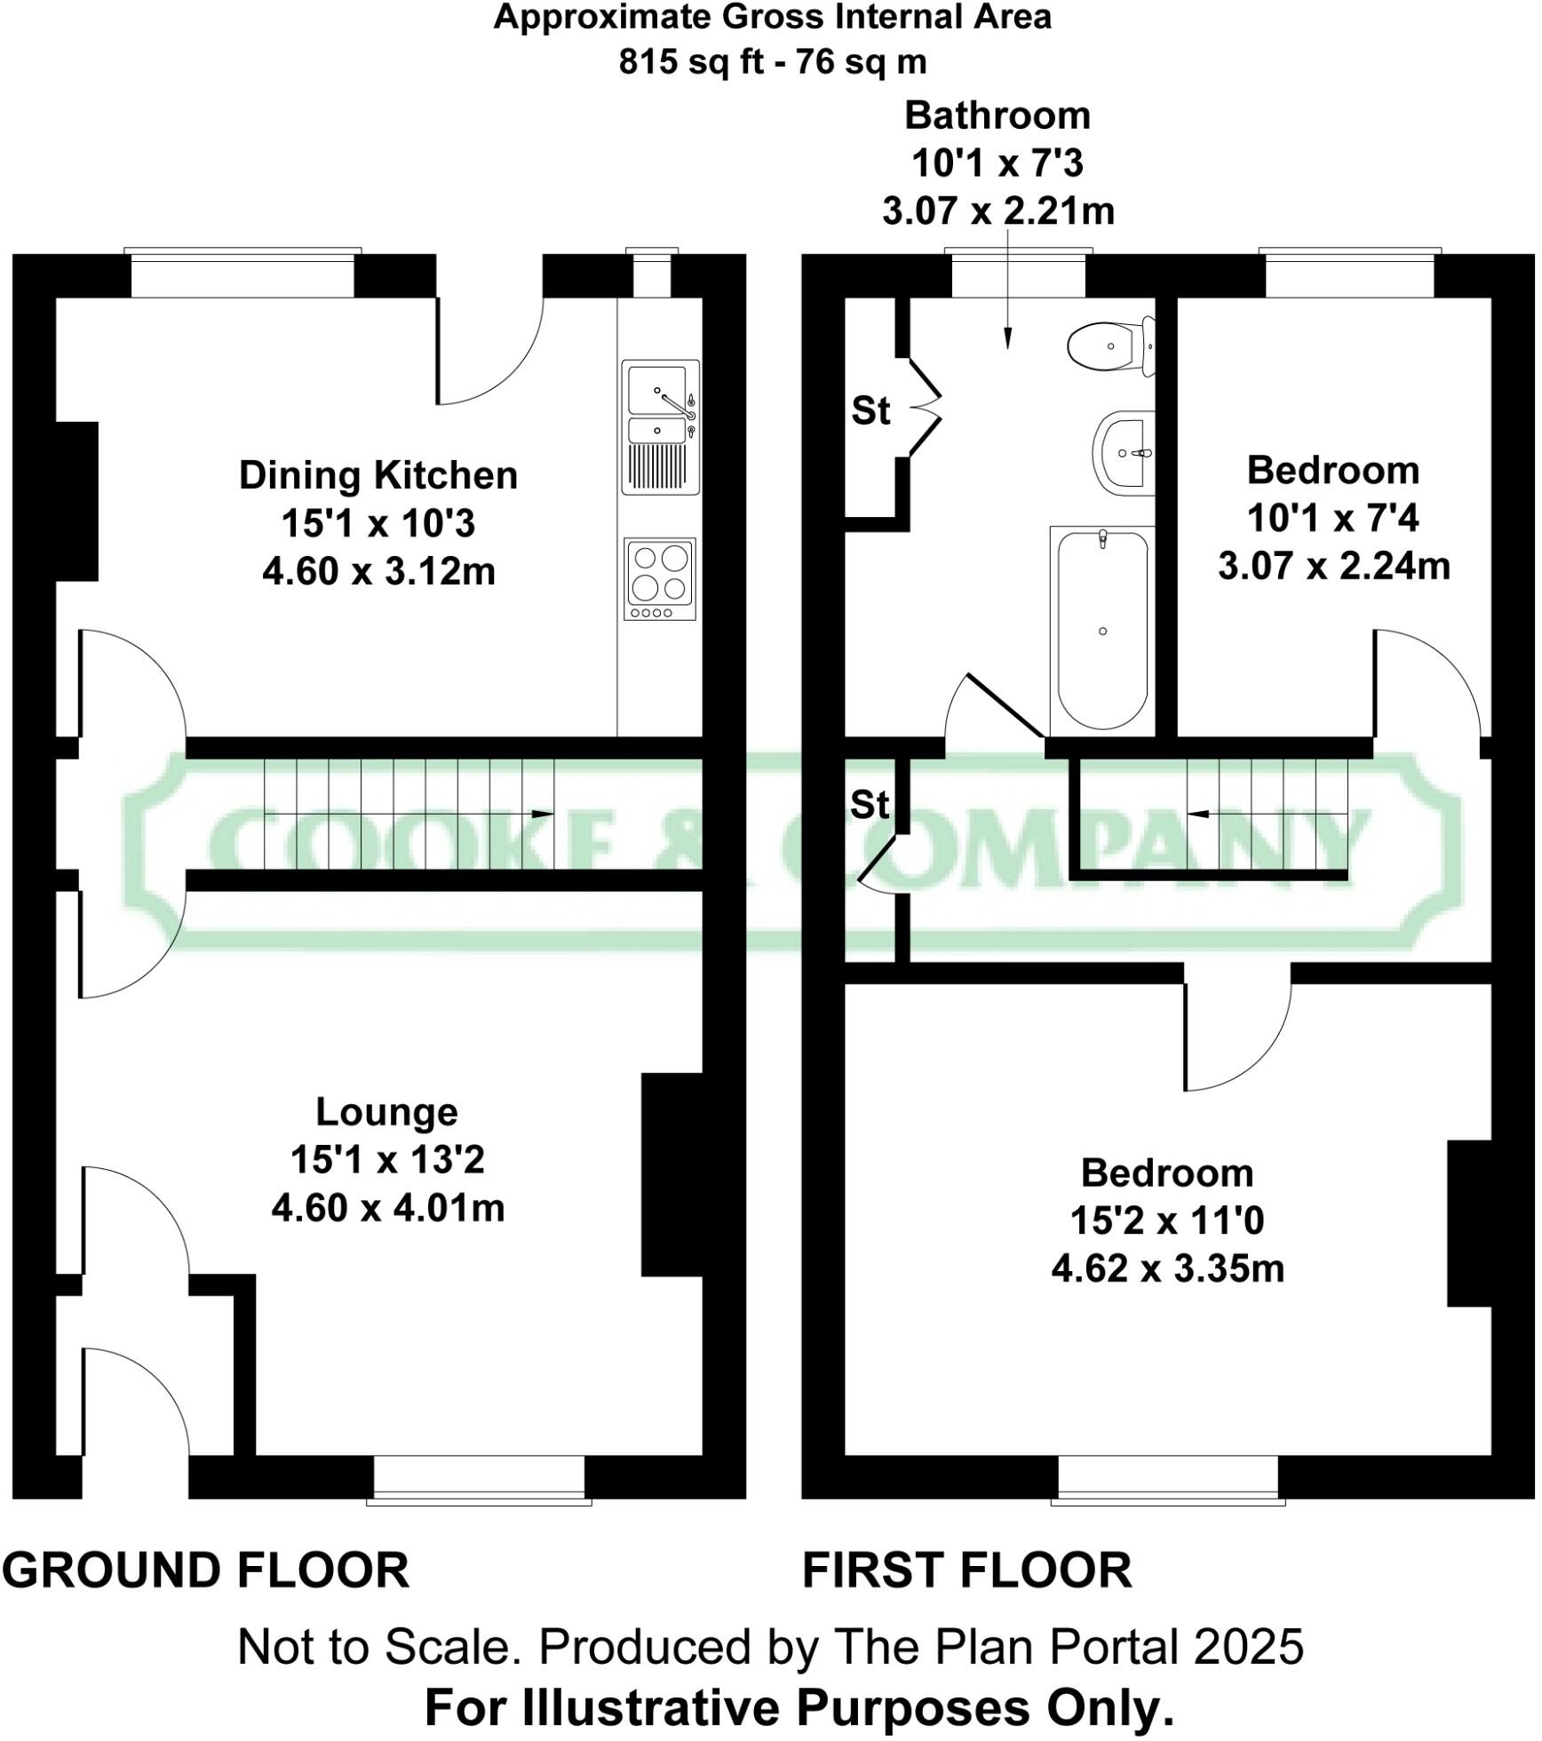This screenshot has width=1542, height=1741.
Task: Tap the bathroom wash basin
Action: click(1124, 452)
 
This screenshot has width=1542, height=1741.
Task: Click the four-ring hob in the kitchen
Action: click(660, 578)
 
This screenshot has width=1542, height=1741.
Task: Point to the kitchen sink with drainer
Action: click(660, 426)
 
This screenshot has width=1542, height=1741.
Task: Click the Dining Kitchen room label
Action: click(378, 475)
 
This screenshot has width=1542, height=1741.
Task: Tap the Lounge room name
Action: click(387, 1111)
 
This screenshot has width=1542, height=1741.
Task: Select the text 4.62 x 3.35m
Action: click(1167, 1268)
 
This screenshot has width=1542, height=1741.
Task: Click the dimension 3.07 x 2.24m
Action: click(1333, 566)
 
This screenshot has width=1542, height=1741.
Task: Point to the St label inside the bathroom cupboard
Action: click(870, 411)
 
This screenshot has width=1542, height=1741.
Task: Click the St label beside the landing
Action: click(870, 805)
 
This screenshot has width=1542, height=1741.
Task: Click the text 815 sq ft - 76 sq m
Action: click(772, 62)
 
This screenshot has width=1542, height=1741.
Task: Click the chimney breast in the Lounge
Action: click(672, 1174)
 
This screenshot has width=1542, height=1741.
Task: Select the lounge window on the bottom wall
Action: click(479, 1479)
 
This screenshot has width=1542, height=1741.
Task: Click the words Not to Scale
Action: click(378, 1648)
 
